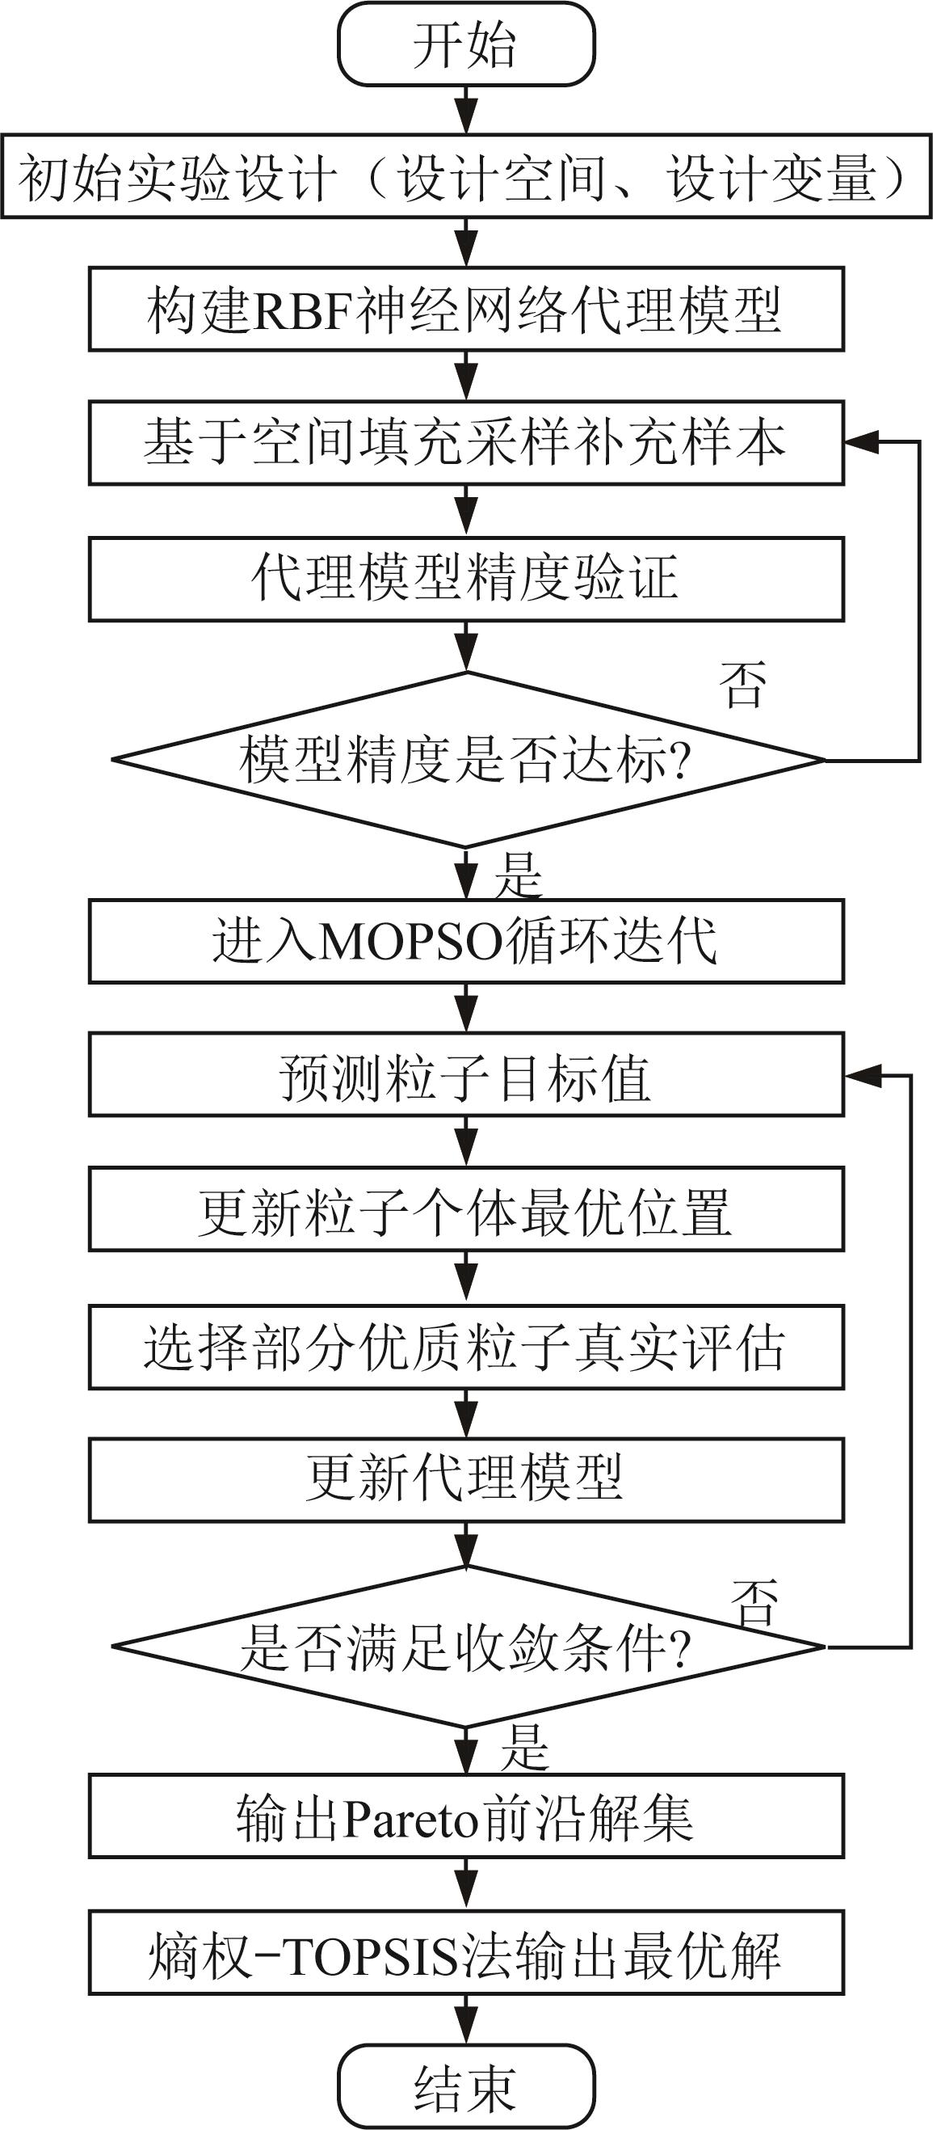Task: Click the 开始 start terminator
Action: coord(466,44)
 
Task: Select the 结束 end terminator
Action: coord(466,2087)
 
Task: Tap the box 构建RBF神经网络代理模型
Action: coord(466,310)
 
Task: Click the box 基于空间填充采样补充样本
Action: coord(466,442)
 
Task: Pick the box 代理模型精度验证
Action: coord(466,579)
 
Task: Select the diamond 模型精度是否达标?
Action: coord(466,759)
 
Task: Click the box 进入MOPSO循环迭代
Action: coord(466,942)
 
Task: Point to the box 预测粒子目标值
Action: coord(466,1075)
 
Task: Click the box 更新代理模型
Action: coord(466,1480)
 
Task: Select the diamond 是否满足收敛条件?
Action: coord(466,1647)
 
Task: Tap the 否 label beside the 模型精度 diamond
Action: coord(743,685)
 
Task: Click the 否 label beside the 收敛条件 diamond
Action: coord(754,1601)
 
